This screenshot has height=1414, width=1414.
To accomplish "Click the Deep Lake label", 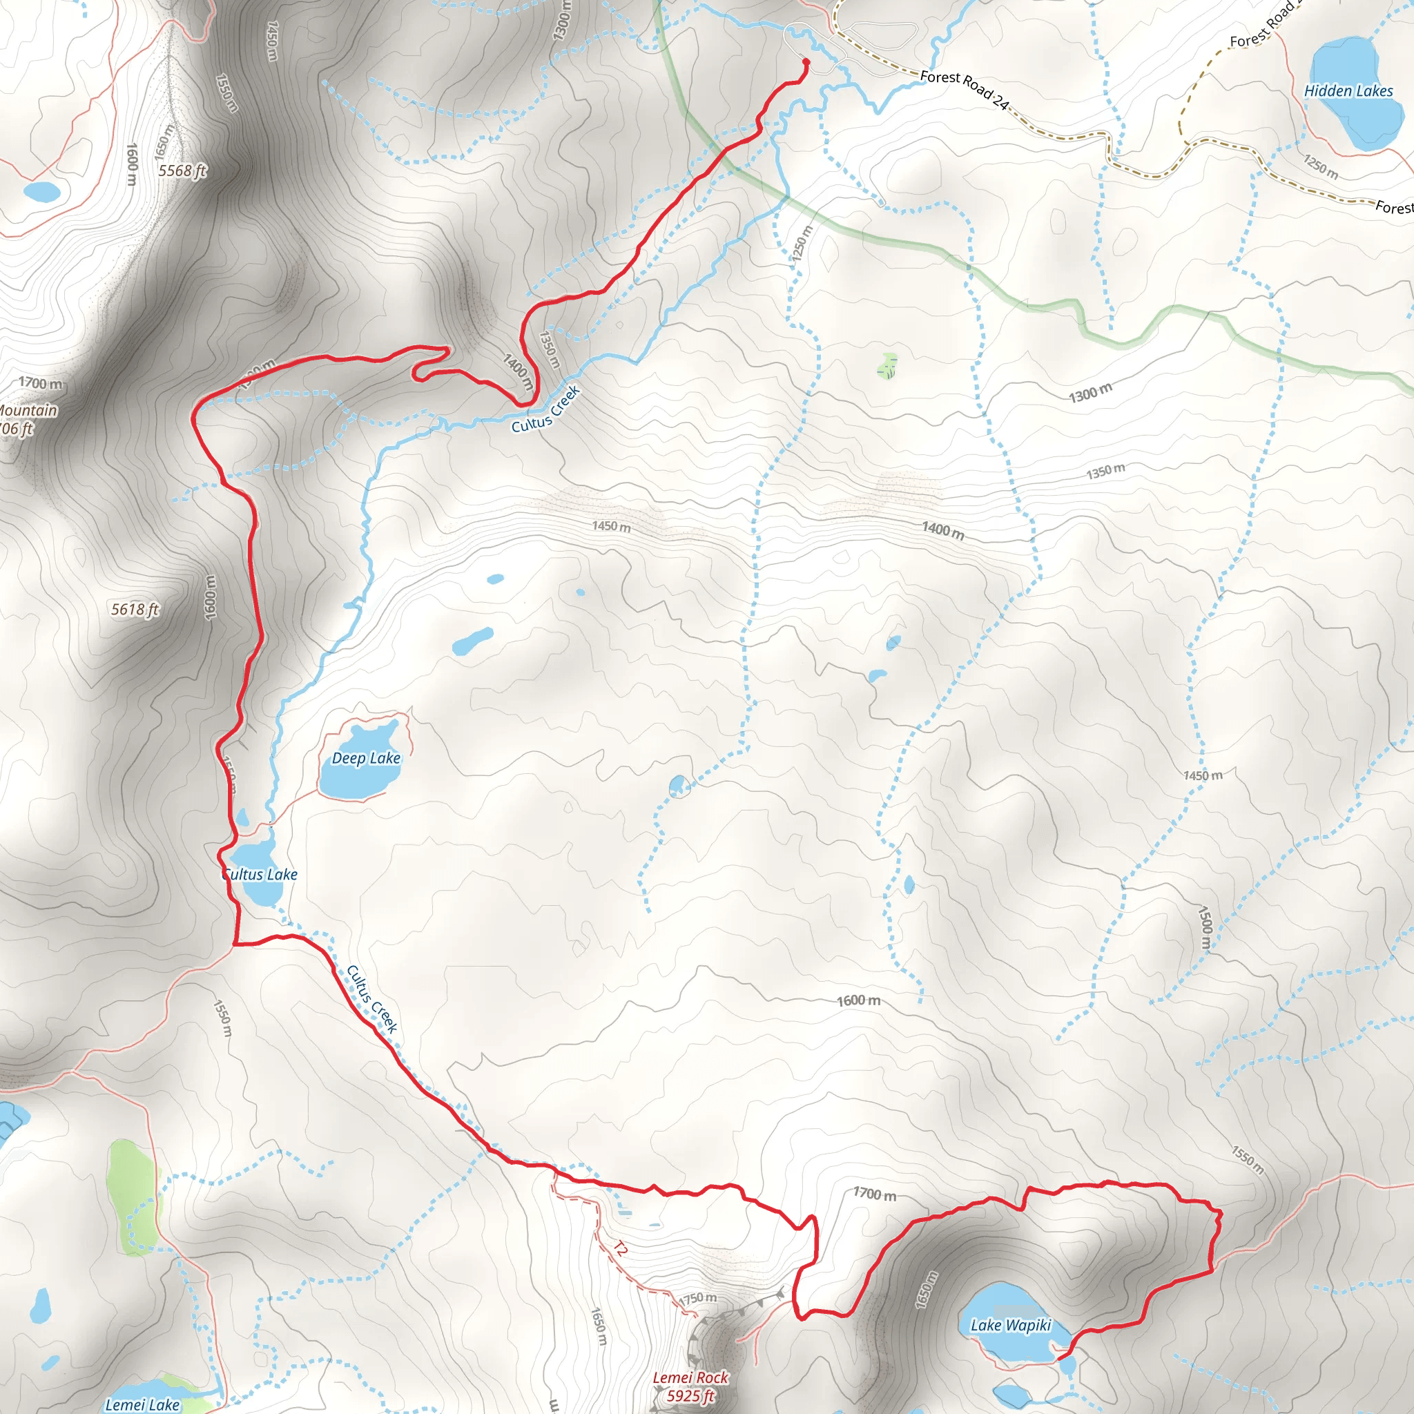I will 366,758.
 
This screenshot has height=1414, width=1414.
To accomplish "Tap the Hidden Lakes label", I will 1348,90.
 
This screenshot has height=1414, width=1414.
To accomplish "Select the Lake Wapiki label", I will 1011,1325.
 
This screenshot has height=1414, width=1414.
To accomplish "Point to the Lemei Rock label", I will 690,1377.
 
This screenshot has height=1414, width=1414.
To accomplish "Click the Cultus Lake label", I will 260,874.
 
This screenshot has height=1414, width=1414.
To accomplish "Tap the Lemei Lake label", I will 142,1404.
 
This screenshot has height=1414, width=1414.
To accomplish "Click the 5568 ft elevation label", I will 182,171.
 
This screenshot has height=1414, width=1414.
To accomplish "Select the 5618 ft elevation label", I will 135,609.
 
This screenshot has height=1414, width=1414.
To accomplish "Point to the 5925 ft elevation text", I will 690,1395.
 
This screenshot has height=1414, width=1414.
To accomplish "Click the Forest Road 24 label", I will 964,89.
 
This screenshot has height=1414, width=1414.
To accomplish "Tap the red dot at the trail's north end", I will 806,62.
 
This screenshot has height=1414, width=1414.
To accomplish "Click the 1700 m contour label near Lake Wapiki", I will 875,1194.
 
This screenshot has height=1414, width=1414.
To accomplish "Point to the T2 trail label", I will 620,1248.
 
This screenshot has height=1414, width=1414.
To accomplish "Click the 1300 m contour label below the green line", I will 1089,393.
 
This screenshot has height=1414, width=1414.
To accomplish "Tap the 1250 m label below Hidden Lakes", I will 1320,167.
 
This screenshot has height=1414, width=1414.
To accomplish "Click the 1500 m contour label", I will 1205,929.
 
